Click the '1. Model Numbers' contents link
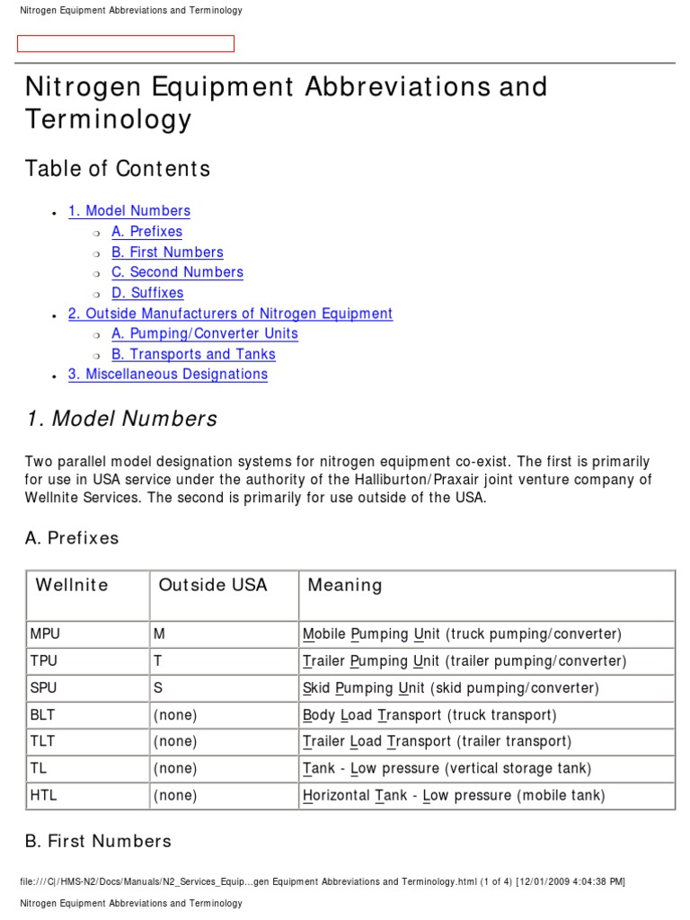point(128,211)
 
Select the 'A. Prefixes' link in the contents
point(146,232)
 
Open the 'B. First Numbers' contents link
point(167,252)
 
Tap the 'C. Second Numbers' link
point(177,272)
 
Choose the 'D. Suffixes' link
point(147,293)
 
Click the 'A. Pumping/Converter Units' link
point(204,333)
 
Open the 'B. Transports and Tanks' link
point(193,354)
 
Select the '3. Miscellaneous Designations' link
point(167,375)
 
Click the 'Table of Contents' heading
point(117,169)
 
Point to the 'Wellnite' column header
point(72,586)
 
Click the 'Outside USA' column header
point(213,586)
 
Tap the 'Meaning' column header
point(345,586)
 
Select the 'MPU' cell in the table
point(46,634)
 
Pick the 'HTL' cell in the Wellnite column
point(44,796)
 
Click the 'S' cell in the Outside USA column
point(159,688)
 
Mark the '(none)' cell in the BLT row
point(175,715)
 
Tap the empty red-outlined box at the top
point(126,44)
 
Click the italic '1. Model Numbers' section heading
point(121,419)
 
